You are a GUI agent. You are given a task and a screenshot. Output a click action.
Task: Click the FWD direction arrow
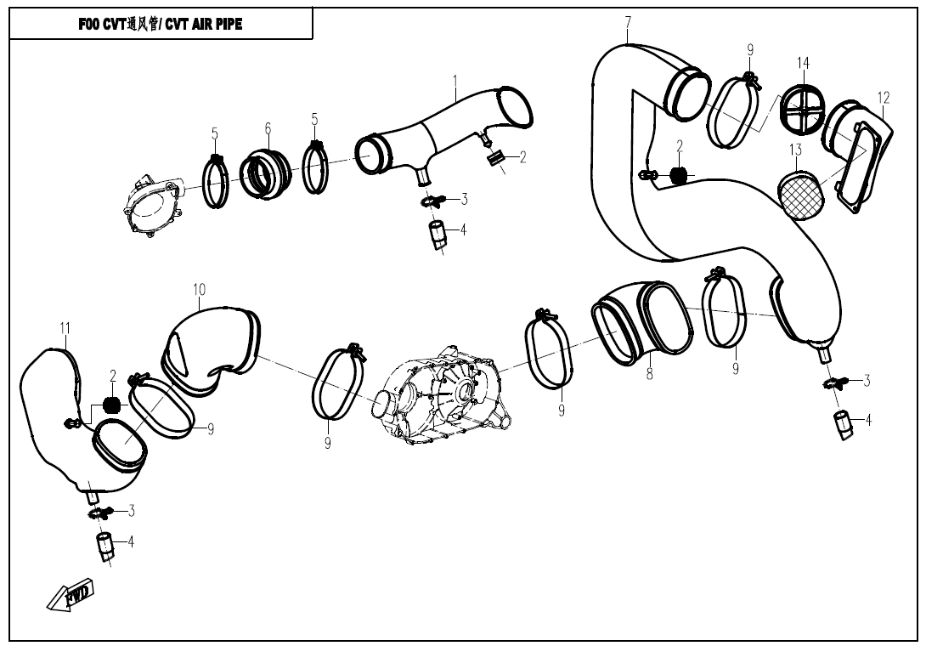[70, 593]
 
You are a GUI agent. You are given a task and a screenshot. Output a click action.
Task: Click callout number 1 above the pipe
[455, 79]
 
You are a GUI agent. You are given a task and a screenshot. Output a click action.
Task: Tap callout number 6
[268, 127]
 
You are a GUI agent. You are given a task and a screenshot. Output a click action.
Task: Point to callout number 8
[650, 373]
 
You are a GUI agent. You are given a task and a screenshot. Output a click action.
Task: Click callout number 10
[199, 290]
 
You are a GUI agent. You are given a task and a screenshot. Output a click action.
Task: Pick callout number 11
[65, 327]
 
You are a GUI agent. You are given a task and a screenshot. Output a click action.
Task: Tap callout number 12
[883, 98]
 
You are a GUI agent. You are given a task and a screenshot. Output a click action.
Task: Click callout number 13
[796, 150]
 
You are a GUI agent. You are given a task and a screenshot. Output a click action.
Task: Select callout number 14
[803, 63]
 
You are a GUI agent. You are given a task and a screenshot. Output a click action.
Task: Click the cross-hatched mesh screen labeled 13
[799, 195]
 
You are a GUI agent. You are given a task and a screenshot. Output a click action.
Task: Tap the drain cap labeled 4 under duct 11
[104, 546]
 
